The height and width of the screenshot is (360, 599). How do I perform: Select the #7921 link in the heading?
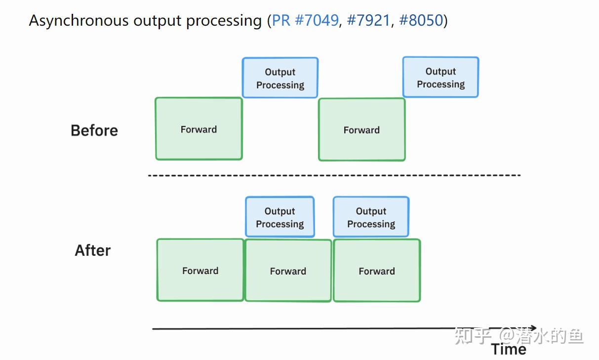pyautogui.click(x=368, y=21)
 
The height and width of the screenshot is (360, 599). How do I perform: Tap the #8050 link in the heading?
pyautogui.click(x=421, y=21)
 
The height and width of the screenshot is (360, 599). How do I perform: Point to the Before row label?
pyautogui.click(x=94, y=130)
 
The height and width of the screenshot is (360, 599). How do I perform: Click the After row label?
pyautogui.click(x=93, y=250)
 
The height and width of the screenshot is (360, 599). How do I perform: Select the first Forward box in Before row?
pyautogui.click(x=199, y=129)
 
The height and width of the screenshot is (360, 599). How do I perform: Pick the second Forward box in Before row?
pyautogui.click(x=361, y=130)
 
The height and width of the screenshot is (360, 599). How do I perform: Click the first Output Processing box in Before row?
pyautogui.click(x=280, y=78)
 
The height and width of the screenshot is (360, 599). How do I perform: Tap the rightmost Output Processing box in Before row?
pyautogui.click(x=440, y=78)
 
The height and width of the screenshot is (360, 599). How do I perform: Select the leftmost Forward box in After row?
pyautogui.click(x=200, y=270)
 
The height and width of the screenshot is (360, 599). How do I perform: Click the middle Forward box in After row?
pyautogui.click(x=288, y=271)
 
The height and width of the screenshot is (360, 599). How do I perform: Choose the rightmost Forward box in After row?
pyautogui.click(x=377, y=271)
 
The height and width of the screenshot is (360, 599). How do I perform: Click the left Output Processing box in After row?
pyautogui.click(x=280, y=217)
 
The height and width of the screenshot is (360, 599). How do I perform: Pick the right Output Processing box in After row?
pyautogui.click(x=371, y=217)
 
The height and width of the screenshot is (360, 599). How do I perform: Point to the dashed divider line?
pyautogui.click(x=334, y=175)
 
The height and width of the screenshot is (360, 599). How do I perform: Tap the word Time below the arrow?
pyautogui.click(x=509, y=349)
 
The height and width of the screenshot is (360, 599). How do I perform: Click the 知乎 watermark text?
pyautogui.click(x=473, y=336)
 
